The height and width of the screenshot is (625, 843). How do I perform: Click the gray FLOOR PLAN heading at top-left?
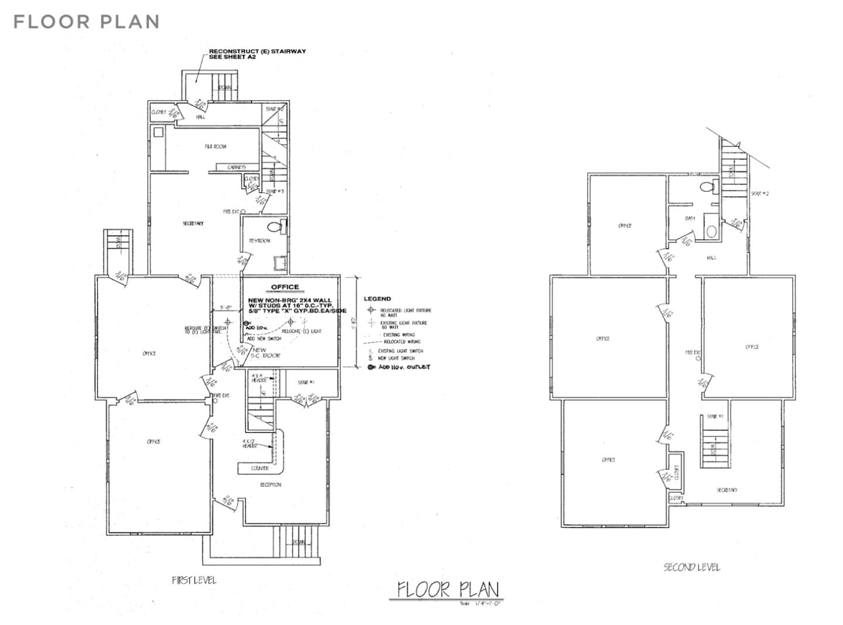click(x=87, y=22)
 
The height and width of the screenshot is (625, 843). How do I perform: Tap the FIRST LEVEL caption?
click(x=194, y=580)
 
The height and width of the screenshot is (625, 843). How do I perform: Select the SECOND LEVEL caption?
click(x=691, y=567)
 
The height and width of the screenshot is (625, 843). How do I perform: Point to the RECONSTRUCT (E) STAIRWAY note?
click(x=257, y=54)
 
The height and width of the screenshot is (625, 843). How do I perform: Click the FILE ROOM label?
click(x=215, y=146)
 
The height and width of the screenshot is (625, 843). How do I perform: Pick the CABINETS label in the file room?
click(x=237, y=168)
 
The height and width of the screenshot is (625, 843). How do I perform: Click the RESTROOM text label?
click(x=259, y=241)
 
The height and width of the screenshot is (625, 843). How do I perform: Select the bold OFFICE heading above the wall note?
click(x=285, y=287)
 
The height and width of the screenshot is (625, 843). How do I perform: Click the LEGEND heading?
click(x=377, y=299)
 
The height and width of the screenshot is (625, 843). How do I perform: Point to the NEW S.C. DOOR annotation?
click(x=266, y=353)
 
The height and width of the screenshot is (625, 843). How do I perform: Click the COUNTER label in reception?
click(x=259, y=468)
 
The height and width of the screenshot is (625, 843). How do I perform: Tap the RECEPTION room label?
click(x=270, y=484)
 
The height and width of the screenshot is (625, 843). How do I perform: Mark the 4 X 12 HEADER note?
click(x=250, y=443)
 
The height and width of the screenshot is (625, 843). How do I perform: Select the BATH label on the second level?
click(x=690, y=218)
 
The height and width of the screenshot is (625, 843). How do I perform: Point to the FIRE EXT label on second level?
click(x=693, y=353)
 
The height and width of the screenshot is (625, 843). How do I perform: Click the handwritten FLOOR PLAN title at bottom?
click(x=447, y=589)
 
